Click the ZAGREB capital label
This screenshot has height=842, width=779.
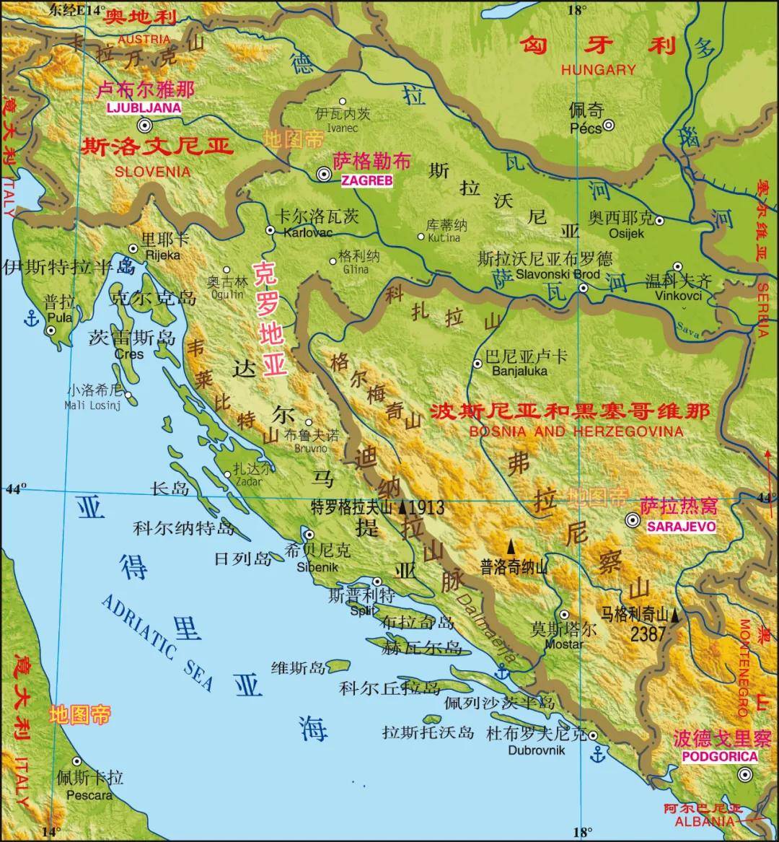click(x=367, y=181)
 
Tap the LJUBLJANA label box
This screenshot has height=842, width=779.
click(x=143, y=108)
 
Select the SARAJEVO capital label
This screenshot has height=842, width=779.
click(x=681, y=527)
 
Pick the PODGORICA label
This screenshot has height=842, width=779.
click(x=720, y=756)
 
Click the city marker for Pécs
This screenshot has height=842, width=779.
click(x=608, y=125)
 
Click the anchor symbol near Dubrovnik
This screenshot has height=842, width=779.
click(x=597, y=755)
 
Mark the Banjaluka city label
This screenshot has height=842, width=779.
click(x=519, y=372)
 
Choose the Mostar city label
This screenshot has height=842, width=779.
click(x=563, y=643)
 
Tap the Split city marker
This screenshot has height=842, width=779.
click(x=377, y=582)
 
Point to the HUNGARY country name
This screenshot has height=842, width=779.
click(x=598, y=70)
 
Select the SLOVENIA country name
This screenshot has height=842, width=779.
click(x=153, y=172)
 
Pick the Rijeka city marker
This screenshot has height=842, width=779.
click(x=133, y=249)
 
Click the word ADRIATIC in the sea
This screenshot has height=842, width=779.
click(x=138, y=627)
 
